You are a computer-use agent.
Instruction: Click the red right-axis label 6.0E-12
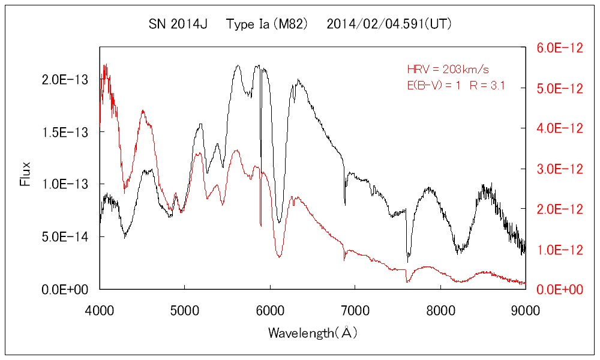point(559,48)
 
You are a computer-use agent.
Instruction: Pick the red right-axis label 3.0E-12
point(559,169)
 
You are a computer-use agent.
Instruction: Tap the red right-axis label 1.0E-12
point(559,249)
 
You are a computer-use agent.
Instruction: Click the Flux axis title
point(25,173)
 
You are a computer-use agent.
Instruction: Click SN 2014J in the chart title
point(178,25)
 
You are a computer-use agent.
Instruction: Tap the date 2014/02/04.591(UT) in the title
point(389,25)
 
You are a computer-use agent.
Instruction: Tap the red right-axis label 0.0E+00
point(559,290)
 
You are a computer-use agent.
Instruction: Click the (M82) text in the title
point(290,25)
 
